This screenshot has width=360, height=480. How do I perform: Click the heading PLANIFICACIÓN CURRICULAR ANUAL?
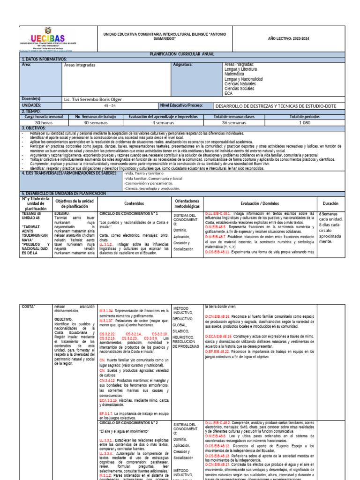(182, 54)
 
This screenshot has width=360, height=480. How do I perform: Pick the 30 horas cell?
(44, 122)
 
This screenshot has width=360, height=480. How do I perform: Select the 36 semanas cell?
(234, 122)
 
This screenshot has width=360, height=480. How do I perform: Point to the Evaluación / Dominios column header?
(259, 203)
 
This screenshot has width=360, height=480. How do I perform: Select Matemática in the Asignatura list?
(234, 74)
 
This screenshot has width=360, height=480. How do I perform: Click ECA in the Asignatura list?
(229, 93)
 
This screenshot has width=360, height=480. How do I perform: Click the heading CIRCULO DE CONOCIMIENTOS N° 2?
(128, 422)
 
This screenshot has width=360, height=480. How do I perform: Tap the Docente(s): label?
(32, 99)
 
